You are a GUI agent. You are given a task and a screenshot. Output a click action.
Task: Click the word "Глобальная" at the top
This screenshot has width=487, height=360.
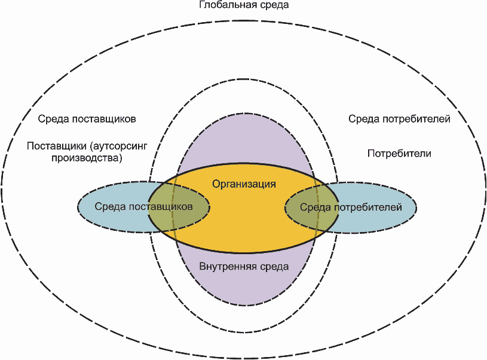pos(223,5)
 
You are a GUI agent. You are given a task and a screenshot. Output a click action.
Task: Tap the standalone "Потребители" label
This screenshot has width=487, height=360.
pos(399,154)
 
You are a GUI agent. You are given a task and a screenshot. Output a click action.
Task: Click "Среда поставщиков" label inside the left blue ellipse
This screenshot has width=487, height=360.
pos(143,207)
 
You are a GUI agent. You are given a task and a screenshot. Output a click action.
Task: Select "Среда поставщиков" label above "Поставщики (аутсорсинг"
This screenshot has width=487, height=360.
pos(87,119)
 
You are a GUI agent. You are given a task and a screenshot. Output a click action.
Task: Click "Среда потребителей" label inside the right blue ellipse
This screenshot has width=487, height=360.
pos(350,208)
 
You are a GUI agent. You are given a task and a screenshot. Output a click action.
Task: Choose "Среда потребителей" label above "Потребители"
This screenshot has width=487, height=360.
pos(399,119)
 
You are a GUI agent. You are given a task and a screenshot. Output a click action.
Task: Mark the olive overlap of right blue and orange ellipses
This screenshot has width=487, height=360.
pos(308,221)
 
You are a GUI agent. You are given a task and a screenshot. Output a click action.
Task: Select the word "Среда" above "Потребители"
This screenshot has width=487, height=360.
pos(362,119)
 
